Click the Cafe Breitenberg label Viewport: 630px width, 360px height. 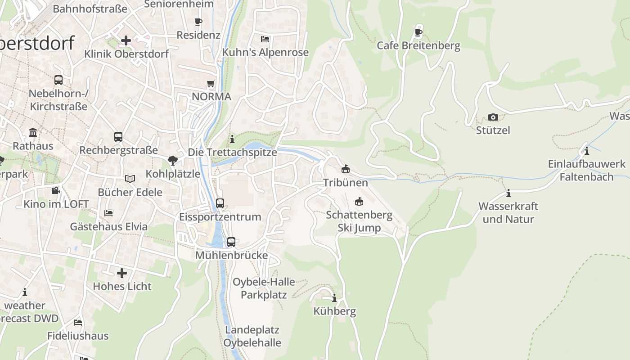click(418, 45)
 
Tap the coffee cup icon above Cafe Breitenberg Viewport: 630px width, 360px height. click(418, 32)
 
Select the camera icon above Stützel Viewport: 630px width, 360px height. click(493, 117)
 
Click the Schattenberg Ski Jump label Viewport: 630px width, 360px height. click(359, 221)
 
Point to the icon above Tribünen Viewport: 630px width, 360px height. click(345, 169)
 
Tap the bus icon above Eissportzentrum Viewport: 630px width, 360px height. click(220, 203)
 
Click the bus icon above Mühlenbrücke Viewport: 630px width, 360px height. click(231, 242)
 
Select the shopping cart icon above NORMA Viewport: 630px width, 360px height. click(211, 84)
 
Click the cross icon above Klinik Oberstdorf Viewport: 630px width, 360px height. click(126, 40)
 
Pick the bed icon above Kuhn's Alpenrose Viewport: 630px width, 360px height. click(265, 39)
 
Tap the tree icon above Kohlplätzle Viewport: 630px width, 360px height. click(173, 161)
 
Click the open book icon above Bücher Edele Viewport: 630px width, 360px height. click(130, 179)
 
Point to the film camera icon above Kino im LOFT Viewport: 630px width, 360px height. click(55, 191)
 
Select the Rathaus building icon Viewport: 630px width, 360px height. click(33, 133)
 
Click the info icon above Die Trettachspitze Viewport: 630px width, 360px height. click(232, 139)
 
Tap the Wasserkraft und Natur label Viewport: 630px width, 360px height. click(508, 213)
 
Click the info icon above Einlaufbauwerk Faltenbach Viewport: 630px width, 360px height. click(586, 151)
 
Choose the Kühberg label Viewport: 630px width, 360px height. click(334, 311)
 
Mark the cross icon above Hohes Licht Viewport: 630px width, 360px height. click(122, 273)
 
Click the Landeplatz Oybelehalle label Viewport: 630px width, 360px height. click(252, 336)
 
